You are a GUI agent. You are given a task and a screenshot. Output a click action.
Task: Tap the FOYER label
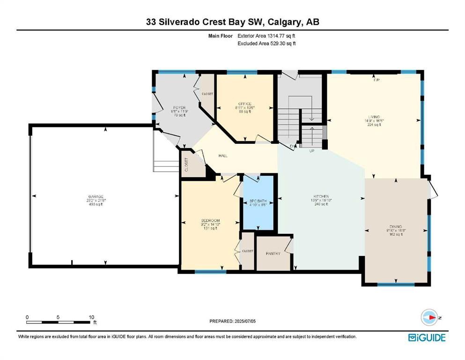tap(176, 108)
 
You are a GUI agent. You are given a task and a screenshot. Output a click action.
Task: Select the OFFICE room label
tap(245, 104)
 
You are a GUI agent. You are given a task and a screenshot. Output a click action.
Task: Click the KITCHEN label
tap(321, 196)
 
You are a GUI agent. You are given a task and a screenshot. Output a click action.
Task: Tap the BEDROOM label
tap(211, 220)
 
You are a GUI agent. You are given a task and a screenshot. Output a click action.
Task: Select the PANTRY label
tap(273, 254)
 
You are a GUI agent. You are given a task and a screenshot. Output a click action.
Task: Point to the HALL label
tap(223, 156)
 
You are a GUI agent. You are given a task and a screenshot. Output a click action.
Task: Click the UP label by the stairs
tap(311, 151)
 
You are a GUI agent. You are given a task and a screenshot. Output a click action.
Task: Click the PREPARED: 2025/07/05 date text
tap(233, 321)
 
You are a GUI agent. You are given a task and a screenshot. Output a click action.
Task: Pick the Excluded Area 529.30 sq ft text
tap(266, 43)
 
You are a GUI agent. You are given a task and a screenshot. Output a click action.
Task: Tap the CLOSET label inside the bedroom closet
tap(248, 251)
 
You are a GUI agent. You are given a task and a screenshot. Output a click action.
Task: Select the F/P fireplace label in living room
tap(376, 80)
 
